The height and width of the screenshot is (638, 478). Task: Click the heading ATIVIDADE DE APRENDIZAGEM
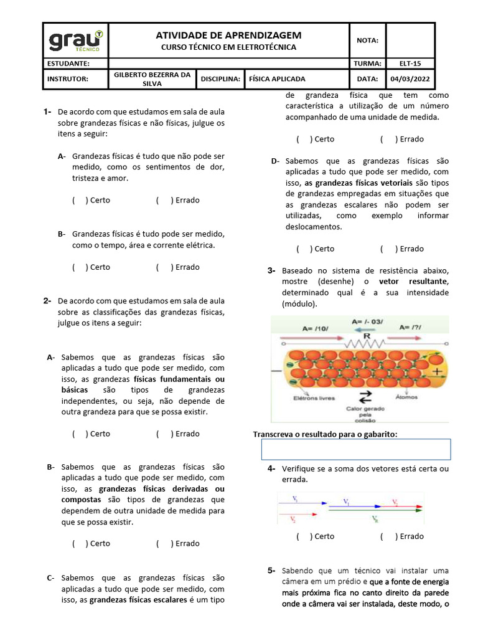pyautogui.click(x=228, y=36)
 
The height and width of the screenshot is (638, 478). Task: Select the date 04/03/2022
pyautogui.click(x=411, y=79)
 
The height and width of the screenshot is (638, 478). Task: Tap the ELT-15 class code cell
pyautogui.click(x=411, y=64)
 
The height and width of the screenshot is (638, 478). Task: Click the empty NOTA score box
pyautogui.click(x=410, y=40)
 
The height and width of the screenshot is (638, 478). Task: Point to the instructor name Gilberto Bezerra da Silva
pyautogui.click(x=151, y=79)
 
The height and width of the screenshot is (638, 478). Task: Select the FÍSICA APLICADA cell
pyautogui.click(x=277, y=79)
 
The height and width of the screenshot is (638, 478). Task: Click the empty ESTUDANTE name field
pyautogui.click(x=228, y=64)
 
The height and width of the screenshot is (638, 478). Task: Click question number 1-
pyautogui.click(x=47, y=112)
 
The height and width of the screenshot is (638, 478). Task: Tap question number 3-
pyautogui.click(x=271, y=271)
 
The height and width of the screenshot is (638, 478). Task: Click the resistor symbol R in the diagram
pyautogui.click(x=367, y=336)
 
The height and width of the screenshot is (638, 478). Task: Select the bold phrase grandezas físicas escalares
pyautogui.click(x=138, y=601)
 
